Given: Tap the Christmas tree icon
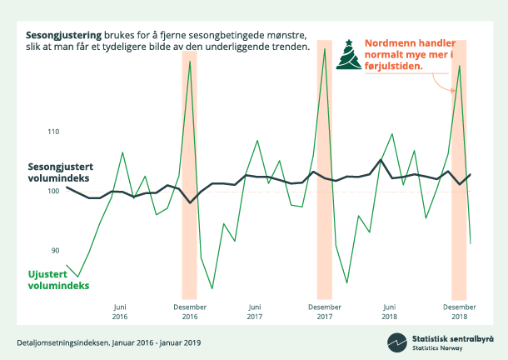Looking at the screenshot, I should [348, 56].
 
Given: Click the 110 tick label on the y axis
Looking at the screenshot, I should [55, 132].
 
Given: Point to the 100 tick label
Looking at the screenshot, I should [55, 191].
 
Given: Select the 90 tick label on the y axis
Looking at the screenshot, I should [57, 250].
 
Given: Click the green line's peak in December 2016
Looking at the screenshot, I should [190, 61].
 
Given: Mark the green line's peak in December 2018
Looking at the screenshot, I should [460, 66].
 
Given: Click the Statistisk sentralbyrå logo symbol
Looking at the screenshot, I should [396, 342].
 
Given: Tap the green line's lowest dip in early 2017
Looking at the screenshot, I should [212, 288].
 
